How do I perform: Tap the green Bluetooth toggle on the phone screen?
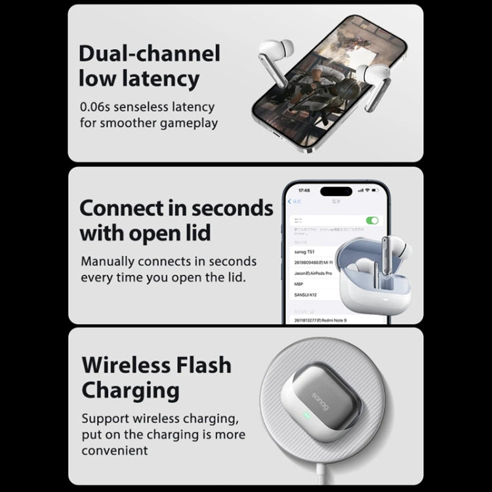(x=372, y=220)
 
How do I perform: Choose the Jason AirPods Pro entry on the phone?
(x=308, y=273)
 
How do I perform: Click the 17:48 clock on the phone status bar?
(x=304, y=190)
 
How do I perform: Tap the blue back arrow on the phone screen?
(x=290, y=201)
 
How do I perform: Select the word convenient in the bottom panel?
(x=115, y=450)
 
